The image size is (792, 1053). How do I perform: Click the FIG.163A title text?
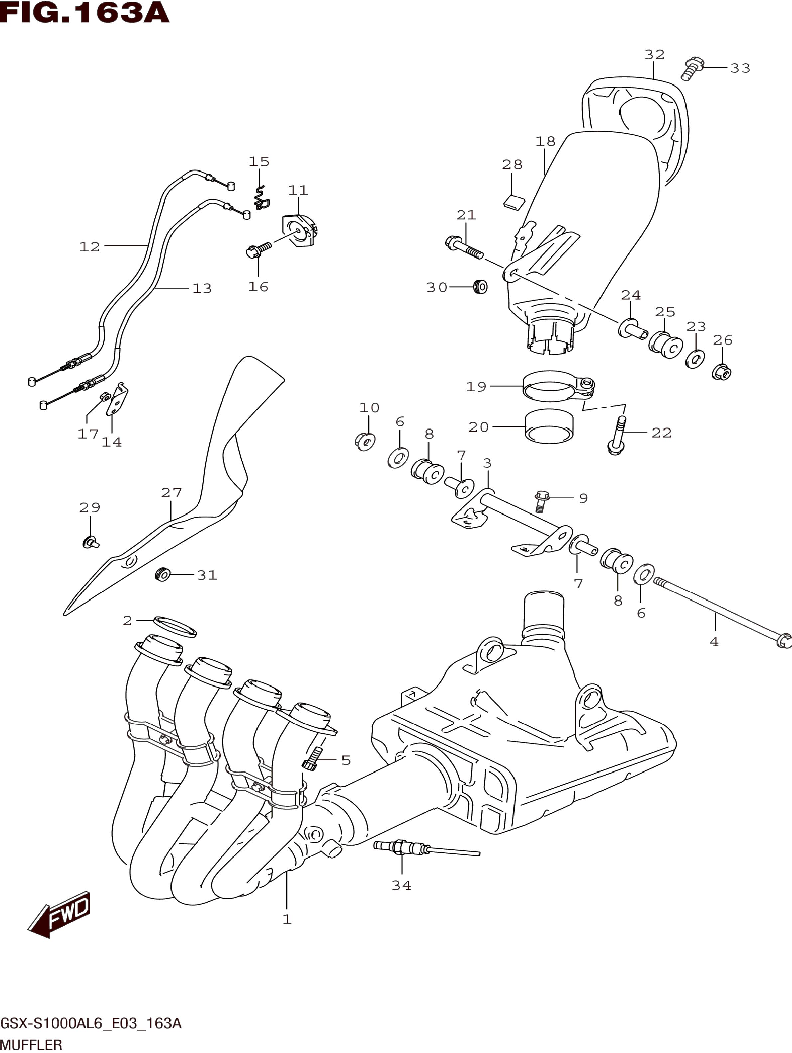85,13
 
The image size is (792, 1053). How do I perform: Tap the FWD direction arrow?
60,914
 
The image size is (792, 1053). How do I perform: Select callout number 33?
740,68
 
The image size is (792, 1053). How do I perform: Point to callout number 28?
512,165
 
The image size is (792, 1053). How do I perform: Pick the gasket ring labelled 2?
175,626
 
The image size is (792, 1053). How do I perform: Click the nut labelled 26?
722,372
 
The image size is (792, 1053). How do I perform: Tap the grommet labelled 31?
163,575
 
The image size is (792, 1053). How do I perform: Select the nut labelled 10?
365,441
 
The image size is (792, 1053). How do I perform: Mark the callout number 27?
171,493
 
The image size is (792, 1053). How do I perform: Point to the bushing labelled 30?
480,287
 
